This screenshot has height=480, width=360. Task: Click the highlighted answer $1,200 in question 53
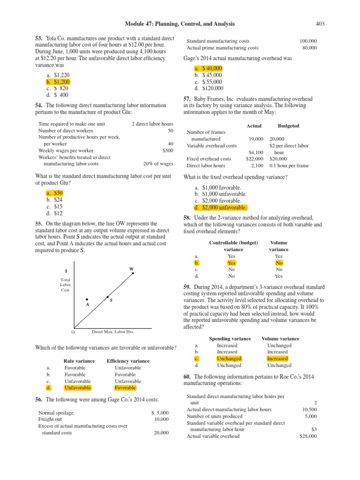[x=61, y=82]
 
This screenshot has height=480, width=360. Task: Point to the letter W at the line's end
[x=131, y=269]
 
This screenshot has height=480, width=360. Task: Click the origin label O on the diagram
[x=73, y=332]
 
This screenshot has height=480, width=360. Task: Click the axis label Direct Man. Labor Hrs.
[x=112, y=331]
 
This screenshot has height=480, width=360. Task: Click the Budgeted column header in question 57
[x=288, y=126]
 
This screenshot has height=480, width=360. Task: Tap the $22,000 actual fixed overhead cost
[x=255, y=159]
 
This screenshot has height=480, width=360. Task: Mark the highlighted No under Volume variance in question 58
[x=279, y=263]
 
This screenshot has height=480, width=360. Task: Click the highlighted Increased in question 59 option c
[x=277, y=359]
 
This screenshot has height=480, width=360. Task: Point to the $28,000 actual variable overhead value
[x=308, y=436]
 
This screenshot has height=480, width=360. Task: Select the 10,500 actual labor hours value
[x=309, y=409]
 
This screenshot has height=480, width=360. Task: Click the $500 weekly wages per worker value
[x=167, y=150]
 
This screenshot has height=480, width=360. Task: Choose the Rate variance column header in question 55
[x=79, y=361]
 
